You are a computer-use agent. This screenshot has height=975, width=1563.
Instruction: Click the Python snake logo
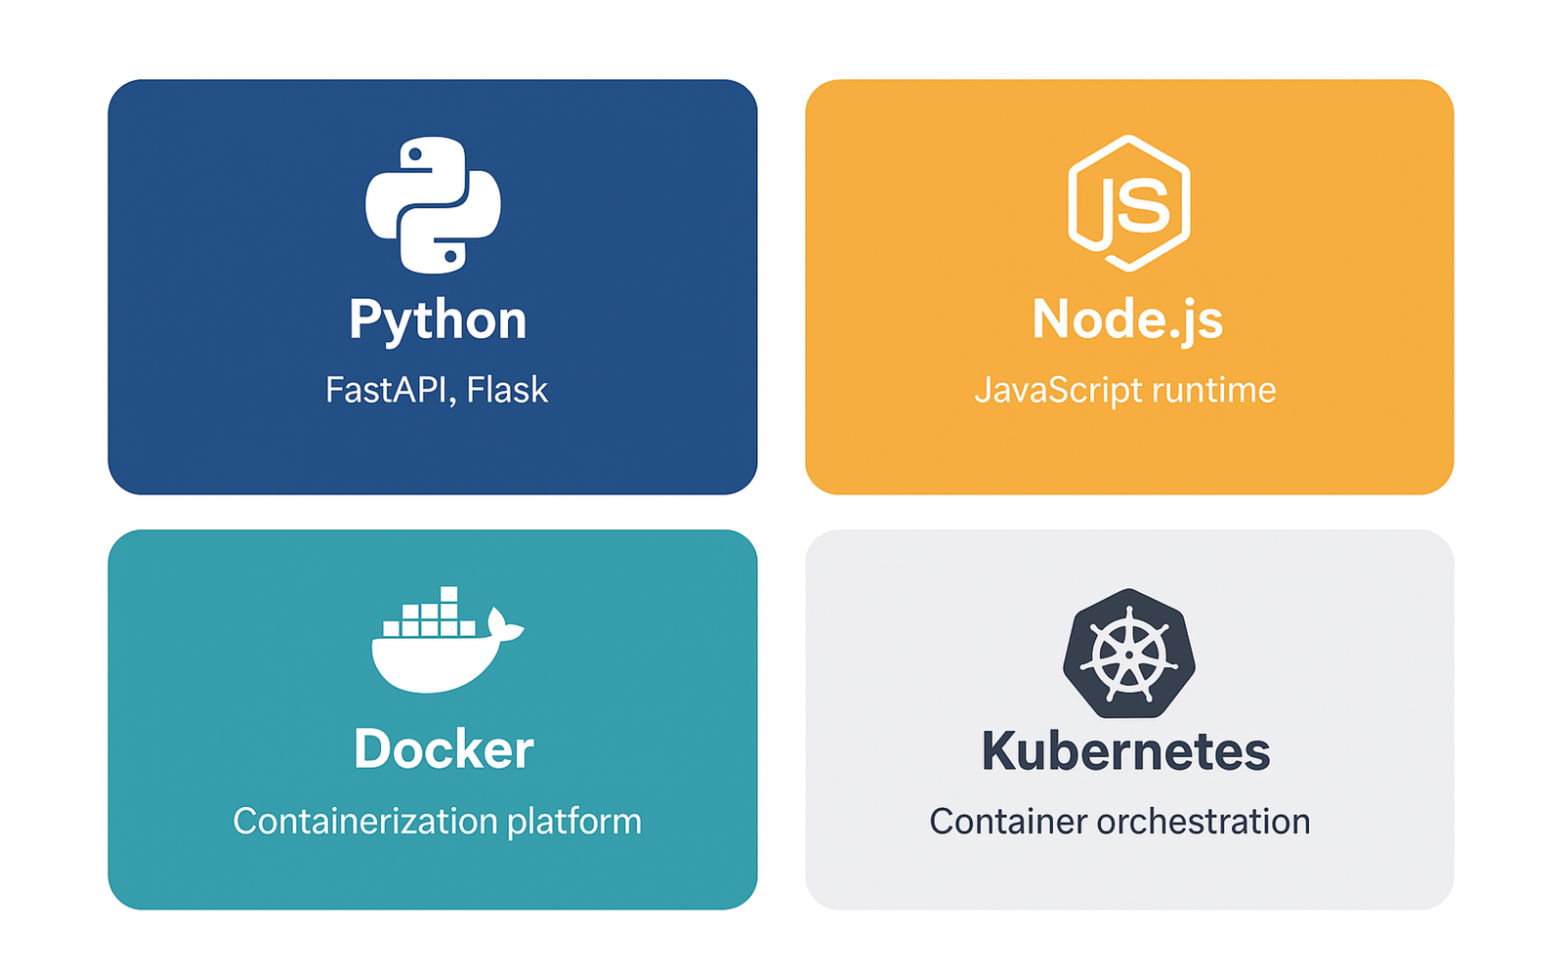coord(433,204)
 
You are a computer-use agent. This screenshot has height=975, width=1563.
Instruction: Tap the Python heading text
coord(438,320)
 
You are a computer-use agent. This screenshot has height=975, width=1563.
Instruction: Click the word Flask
coord(507,390)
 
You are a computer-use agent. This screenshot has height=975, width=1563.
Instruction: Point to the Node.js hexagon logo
coord(1128,203)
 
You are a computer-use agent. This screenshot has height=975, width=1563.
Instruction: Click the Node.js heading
coord(1127,320)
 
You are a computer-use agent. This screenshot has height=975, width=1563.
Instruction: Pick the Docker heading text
coord(444,749)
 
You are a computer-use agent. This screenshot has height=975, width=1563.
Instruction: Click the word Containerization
coord(364,822)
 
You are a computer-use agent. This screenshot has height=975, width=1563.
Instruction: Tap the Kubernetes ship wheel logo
coord(1129,653)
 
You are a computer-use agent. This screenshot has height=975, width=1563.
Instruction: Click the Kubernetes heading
coord(1125,751)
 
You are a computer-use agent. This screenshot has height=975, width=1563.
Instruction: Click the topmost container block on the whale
coord(448,594)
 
